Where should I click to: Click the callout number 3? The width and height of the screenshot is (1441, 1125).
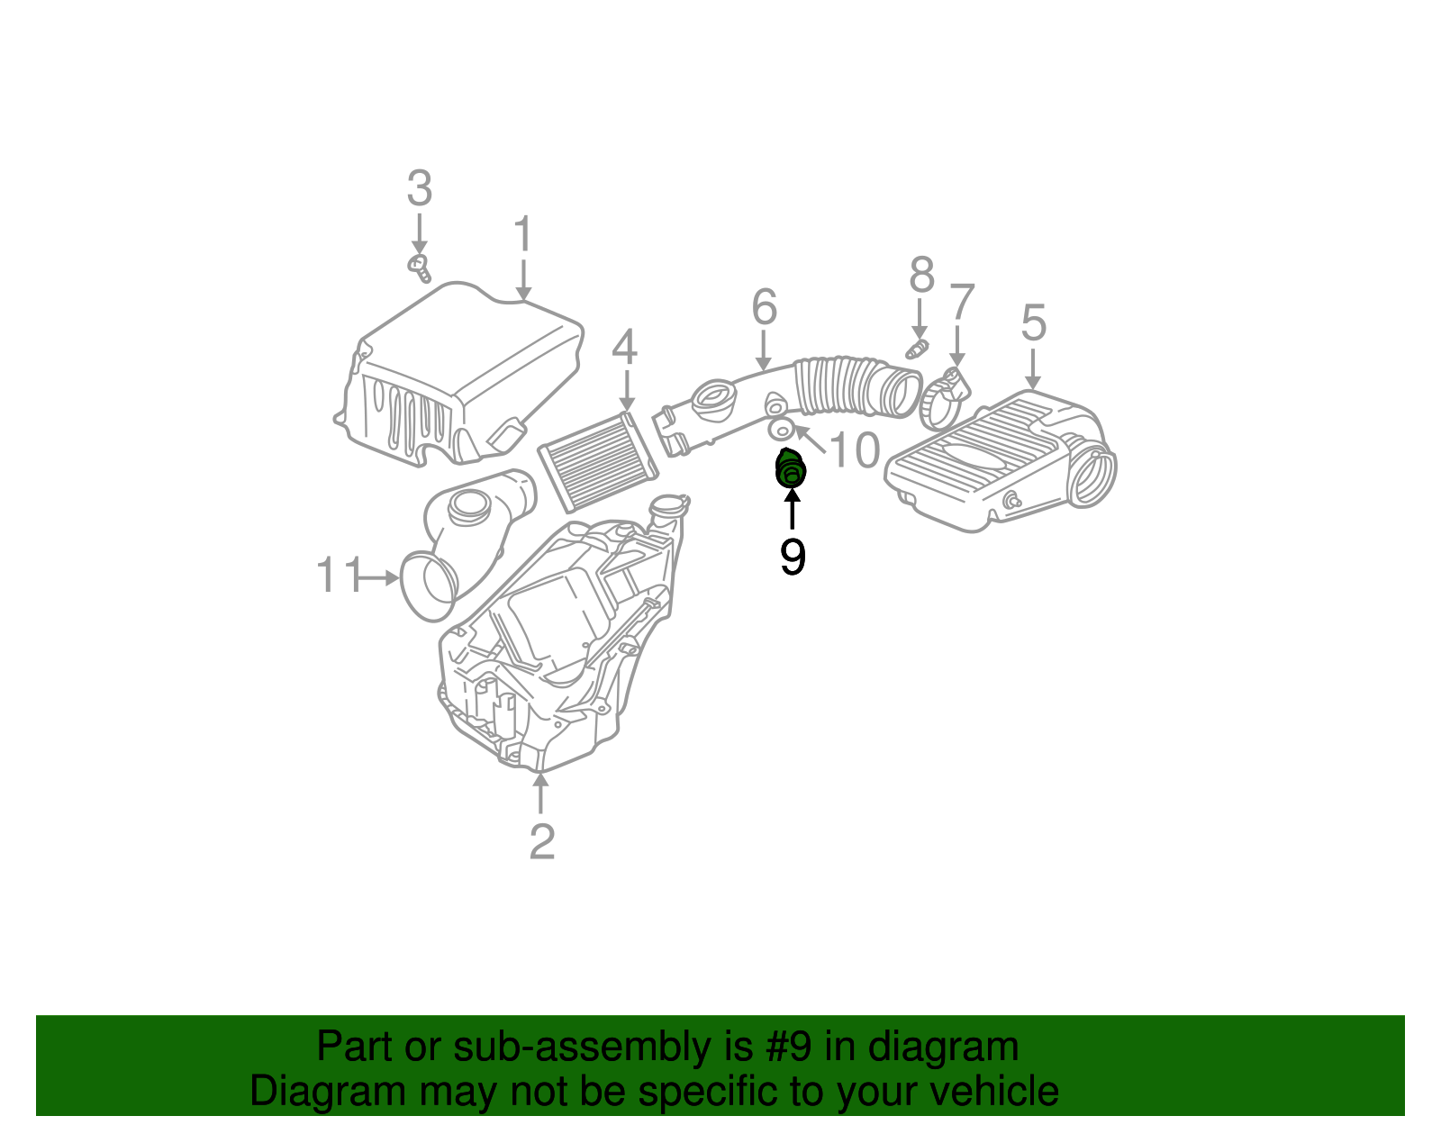pos(419,189)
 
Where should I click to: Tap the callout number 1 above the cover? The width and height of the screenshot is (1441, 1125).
pos(523,234)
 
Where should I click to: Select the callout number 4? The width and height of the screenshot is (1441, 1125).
pos(624,349)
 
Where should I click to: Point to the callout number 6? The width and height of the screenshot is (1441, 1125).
pos(764,307)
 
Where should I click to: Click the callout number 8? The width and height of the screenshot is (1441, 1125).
pos(920,275)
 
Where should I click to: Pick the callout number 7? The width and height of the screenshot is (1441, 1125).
pos(961,303)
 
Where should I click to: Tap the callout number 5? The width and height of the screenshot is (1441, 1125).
pos(1033,322)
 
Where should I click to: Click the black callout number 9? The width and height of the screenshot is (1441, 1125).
pos(792,557)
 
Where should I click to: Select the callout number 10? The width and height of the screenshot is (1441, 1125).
pos(854,450)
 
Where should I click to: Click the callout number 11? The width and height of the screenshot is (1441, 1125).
pos(338,576)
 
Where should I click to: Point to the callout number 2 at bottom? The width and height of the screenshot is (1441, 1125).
pos(541,842)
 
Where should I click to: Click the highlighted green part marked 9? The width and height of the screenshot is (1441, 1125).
pos(790,469)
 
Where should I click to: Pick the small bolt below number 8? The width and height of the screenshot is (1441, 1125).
pos(916,349)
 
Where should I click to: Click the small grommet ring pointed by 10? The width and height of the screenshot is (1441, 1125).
pos(781,429)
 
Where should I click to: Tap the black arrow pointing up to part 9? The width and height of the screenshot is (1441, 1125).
pos(792,509)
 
